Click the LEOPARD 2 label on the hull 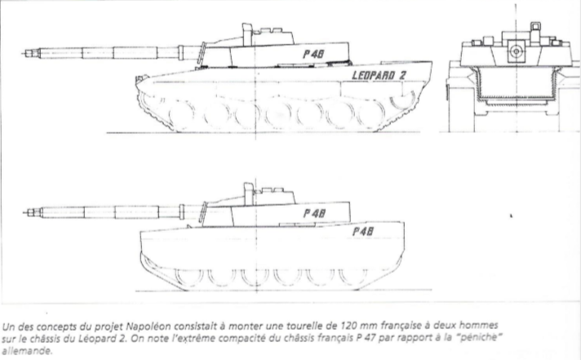[390, 76]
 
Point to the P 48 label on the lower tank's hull [365, 232]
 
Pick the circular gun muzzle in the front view [514, 51]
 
